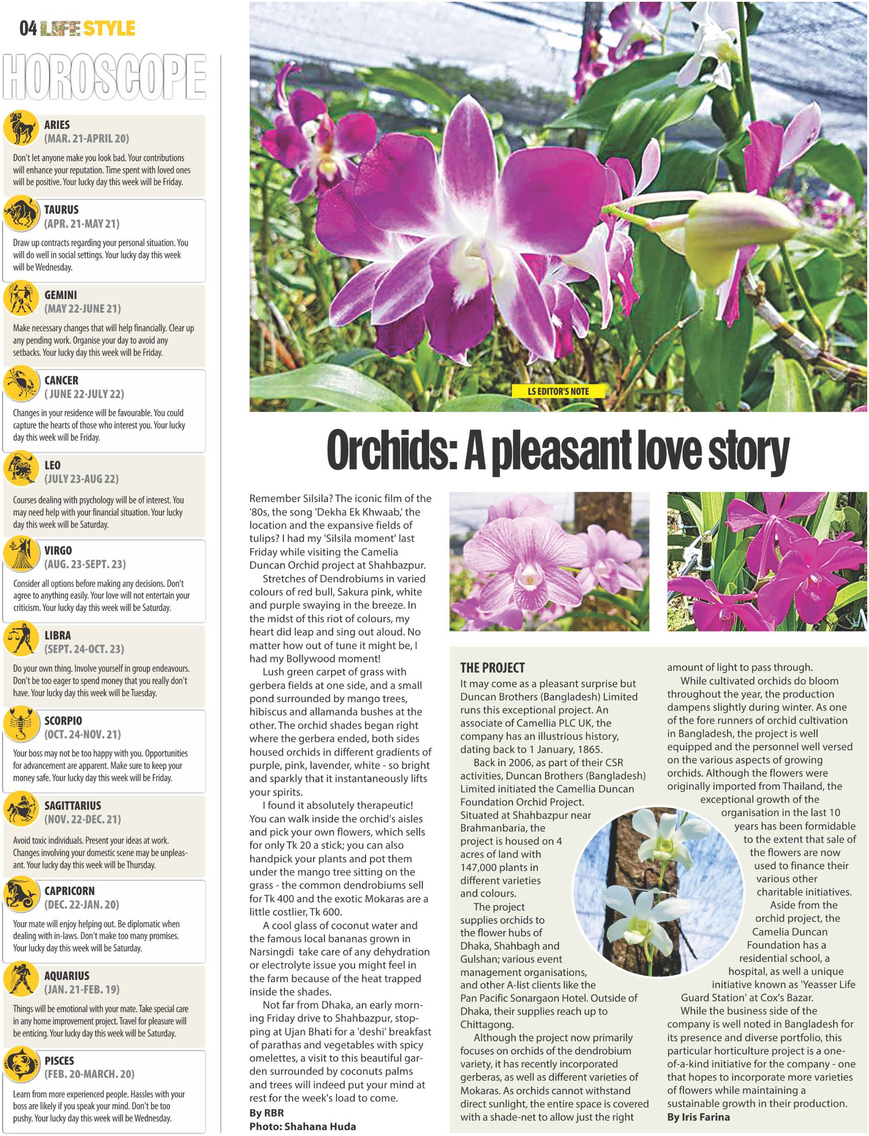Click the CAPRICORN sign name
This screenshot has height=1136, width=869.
pos(69,891)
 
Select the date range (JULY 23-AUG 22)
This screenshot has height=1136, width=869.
pos(81,479)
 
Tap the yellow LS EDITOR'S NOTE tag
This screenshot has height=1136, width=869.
pos(558,391)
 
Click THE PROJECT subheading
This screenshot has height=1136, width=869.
pos(492,667)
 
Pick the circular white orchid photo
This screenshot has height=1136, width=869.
pos(658,892)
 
